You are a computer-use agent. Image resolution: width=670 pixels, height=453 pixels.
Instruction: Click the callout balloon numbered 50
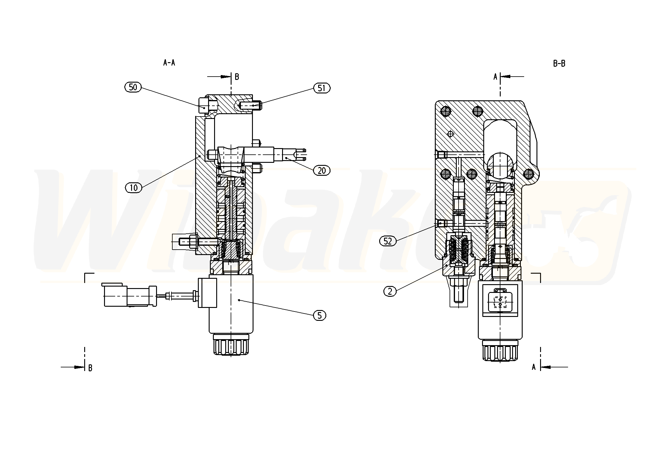pyautogui.click(x=133, y=87)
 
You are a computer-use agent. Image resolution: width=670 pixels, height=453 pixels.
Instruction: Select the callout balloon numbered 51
pyautogui.click(x=322, y=88)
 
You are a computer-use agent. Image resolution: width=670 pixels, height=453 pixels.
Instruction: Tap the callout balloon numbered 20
pyautogui.click(x=322, y=171)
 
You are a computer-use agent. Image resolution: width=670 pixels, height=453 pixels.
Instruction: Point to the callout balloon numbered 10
pyautogui.click(x=133, y=188)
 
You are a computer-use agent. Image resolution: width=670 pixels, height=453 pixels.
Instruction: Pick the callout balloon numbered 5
pyautogui.click(x=319, y=315)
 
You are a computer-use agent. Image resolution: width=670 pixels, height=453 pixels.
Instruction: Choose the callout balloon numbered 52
pyautogui.click(x=388, y=241)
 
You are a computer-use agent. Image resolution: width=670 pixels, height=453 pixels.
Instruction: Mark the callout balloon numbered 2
pyautogui.click(x=390, y=291)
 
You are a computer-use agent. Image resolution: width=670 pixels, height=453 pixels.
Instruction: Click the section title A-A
pyautogui.click(x=169, y=62)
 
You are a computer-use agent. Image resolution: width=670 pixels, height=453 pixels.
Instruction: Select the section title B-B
pyautogui.click(x=559, y=63)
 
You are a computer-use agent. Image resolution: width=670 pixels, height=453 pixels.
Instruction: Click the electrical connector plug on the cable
pyautogui.click(x=129, y=295)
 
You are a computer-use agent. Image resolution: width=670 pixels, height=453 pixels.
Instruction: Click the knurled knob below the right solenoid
pyautogui.click(x=500, y=351)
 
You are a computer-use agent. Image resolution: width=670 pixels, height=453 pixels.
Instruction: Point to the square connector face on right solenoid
pyautogui.click(x=500, y=299)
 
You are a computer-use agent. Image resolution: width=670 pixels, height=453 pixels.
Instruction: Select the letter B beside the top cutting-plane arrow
pyautogui.click(x=237, y=77)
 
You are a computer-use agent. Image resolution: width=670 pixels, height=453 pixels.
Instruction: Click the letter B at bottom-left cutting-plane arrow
pyautogui.click(x=90, y=368)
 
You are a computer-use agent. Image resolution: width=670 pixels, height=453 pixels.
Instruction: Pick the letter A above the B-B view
pyautogui.click(x=495, y=77)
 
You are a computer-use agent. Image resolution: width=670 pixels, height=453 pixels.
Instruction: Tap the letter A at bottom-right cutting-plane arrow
pyautogui.click(x=534, y=367)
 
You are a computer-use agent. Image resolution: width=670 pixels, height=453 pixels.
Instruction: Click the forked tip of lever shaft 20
pyautogui.click(x=301, y=155)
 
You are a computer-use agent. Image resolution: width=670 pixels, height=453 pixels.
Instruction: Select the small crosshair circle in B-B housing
pyautogui.click(x=450, y=134)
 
